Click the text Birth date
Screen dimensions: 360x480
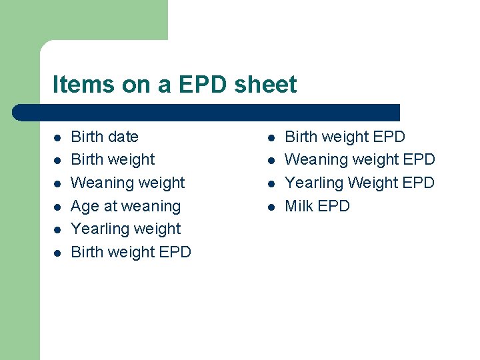point(105,137)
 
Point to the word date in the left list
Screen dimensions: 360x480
point(123,137)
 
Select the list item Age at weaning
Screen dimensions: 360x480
point(125,206)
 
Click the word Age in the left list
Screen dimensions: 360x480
point(85,206)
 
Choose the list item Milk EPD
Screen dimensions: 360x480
point(317,206)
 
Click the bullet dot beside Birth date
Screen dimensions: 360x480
point(57,138)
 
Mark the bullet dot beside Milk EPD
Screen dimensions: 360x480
point(271,207)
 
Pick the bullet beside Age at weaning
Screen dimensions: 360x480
point(57,207)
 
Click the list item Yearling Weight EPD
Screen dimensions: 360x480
point(359,183)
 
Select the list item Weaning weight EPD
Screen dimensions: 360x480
point(359,159)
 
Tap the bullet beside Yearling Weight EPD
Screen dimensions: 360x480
point(271,184)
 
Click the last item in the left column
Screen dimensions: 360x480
point(131,252)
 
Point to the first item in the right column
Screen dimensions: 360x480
point(345,137)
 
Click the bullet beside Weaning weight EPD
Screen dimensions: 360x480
point(271,161)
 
